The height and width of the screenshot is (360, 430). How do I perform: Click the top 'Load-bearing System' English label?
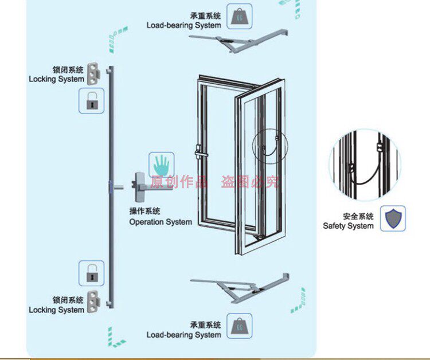point(183,25)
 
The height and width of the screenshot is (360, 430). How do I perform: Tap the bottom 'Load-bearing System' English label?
point(183,335)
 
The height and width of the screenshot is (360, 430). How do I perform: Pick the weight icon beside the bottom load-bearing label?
point(239,326)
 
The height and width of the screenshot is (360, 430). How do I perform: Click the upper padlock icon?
point(91,101)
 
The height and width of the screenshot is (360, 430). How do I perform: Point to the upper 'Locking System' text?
point(56,79)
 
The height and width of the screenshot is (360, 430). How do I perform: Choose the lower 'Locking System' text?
point(56,310)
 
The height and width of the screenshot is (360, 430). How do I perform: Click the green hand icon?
point(161,165)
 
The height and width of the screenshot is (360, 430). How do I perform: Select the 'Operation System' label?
point(161,222)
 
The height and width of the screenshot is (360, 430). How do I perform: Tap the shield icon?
point(393,218)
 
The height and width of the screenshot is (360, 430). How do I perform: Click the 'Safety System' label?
point(348,226)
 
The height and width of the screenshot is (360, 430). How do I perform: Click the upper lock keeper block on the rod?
point(101,73)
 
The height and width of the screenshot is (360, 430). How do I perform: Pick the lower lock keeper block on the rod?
point(101,298)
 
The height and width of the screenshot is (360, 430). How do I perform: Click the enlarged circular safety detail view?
point(365,164)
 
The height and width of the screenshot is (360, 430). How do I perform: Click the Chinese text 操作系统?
point(145,212)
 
